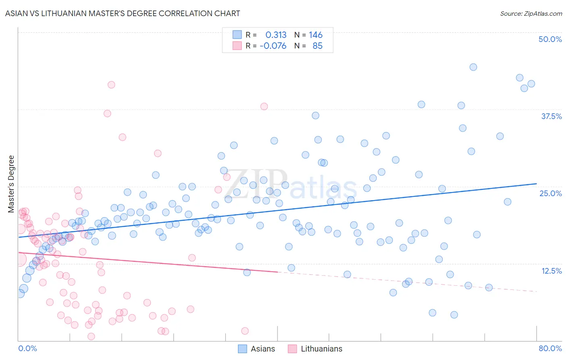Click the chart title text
click(123, 13)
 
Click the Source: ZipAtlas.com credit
click(531, 13)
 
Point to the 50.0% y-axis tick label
click(550, 39)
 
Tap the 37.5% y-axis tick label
click(551, 116)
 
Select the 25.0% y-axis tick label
click(550, 193)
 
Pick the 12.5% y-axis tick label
click(551, 271)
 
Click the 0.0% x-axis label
click(27, 348)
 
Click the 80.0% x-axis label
click(550, 348)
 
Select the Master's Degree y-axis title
click(11, 184)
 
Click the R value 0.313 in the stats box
click(276, 35)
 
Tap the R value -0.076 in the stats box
click(273, 46)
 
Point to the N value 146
click(316, 35)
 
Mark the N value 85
click(317, 46)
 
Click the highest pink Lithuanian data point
click(111, 85)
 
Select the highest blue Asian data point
click(473, 67)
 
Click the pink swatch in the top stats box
click(237, 46)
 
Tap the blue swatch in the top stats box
click(237, 35)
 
